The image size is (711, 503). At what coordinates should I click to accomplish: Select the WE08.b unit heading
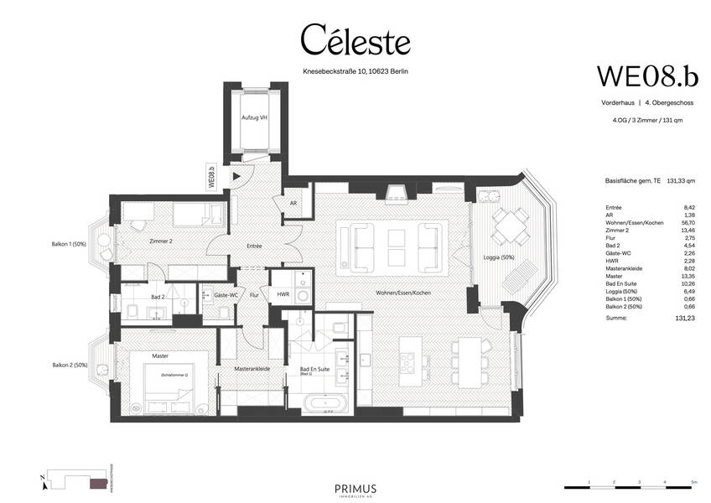[646, 75]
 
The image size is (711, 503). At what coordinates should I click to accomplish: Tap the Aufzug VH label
[254, 117]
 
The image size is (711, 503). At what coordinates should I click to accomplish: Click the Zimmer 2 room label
[162, 240]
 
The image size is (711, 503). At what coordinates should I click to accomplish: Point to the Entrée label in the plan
[254, 246]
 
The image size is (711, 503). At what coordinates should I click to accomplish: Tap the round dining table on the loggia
[507, 223]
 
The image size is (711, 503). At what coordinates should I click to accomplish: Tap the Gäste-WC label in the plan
[226, 295]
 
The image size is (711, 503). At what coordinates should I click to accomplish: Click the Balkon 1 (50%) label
[67, 245]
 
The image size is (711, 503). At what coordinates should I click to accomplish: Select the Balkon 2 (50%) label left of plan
[67, 366]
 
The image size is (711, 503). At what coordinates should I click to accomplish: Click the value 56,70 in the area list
[685, 223]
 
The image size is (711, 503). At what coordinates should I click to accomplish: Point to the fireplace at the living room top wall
[393, 194]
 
